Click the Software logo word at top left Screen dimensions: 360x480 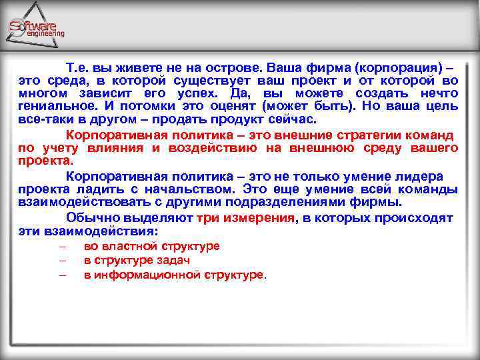coord(36,25)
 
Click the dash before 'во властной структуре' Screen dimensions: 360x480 coord(62,246)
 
